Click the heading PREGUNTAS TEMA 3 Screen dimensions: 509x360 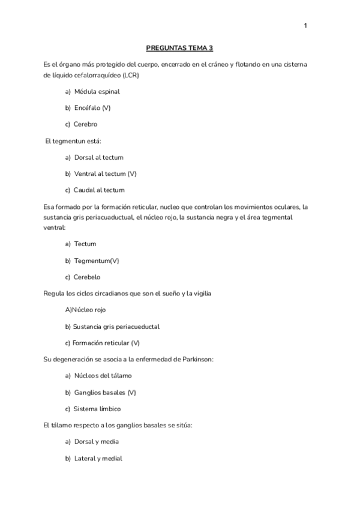pos(180,48)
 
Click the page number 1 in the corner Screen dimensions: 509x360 pos(305,25)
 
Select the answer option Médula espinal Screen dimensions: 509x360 pos(97,92)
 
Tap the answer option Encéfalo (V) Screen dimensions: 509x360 pos(92,108)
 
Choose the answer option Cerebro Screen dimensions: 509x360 pos(85,124)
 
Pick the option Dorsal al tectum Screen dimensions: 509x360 pos(98,157)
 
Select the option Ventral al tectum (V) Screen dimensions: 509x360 pos(105,173)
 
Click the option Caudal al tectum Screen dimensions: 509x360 pos(99,190)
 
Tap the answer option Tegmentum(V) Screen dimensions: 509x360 pos(96,261)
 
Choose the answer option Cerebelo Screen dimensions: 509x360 pos(87,277)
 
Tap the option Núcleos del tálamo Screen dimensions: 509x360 pos(102,376)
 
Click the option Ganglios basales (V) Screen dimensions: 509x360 pos(105,392)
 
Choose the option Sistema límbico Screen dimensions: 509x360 pos(97,409)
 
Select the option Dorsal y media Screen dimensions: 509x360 pos(96,442)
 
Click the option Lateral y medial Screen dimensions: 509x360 pos(98,458)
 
